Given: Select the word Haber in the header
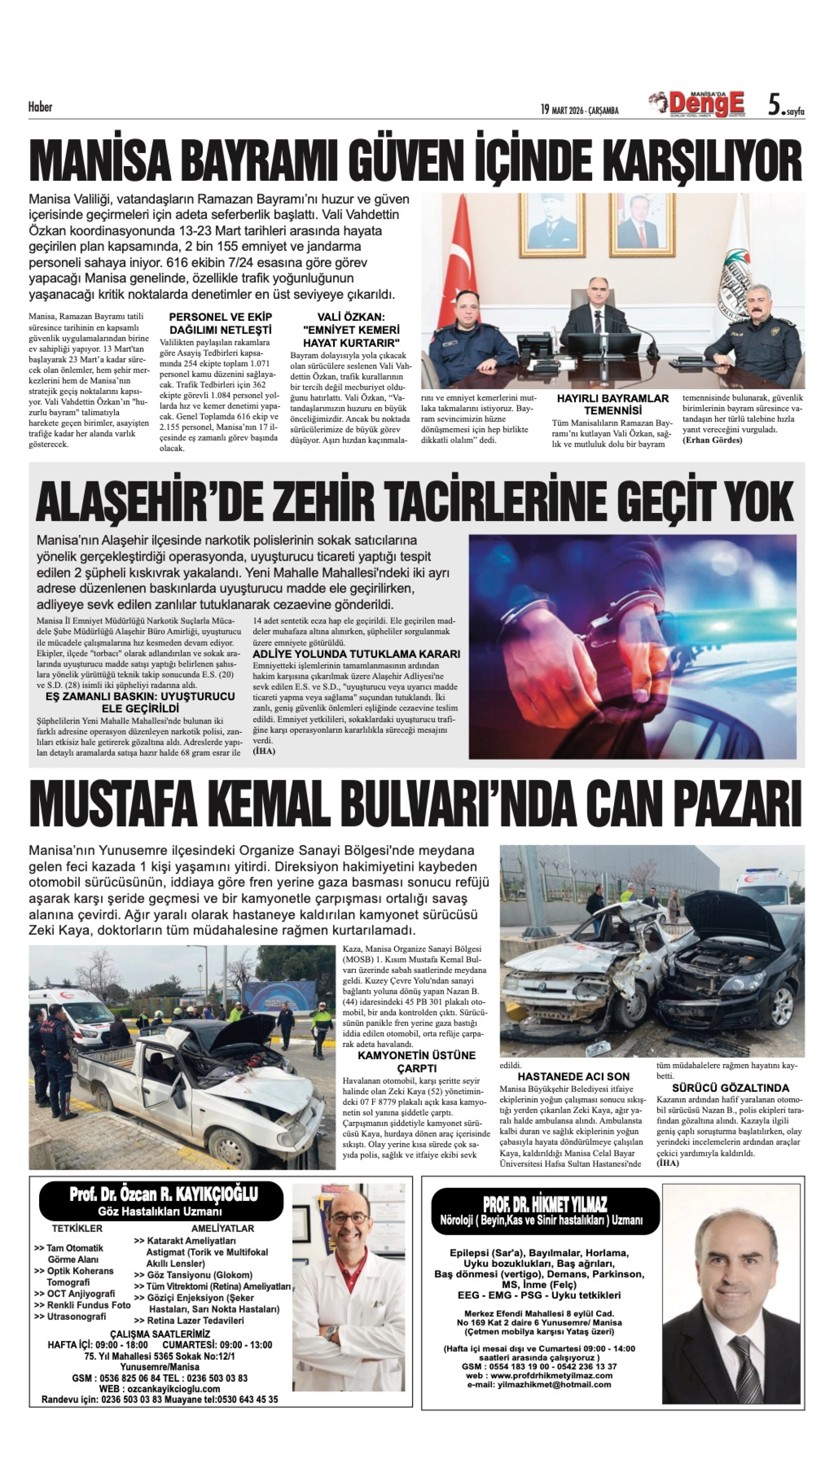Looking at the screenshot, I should [40, 107].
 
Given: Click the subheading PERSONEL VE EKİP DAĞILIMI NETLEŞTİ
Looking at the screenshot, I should [220, 323].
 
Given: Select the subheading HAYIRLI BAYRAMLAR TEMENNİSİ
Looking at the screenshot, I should [612, 404].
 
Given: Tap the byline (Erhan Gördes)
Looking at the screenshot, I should [712, 440].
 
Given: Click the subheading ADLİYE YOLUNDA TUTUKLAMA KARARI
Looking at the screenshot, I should [356, 654].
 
